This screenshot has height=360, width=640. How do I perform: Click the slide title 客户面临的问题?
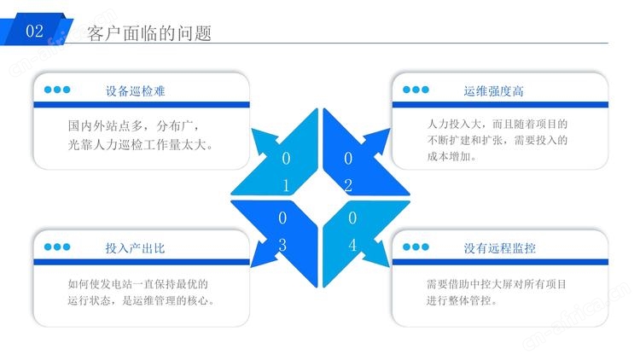(x=149, y=33)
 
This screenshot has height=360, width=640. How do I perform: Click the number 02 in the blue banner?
(x=34, y=31)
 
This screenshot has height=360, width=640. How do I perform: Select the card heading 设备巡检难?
(x=135, y=90)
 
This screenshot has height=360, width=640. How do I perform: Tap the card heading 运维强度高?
(x=493, y=90)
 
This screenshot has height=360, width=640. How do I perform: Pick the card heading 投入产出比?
(x=135, y=247)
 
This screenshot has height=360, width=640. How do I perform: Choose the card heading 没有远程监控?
(x=499, y=247)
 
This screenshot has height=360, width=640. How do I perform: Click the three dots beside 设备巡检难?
(x=57, y=90)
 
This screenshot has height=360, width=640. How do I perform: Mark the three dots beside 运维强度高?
(x=416, y=90)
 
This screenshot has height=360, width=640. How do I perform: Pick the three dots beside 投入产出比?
(x=57, y=247)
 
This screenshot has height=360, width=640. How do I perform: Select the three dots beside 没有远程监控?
(x=416, y=247)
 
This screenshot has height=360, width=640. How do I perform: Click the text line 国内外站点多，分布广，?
(x=133, y=125)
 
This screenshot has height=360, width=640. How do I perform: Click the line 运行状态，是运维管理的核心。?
(x=141, y=300)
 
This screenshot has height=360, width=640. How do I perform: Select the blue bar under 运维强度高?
(x=500, y=104)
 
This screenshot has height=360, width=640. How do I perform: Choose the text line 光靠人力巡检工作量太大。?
(x=141, y=144)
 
